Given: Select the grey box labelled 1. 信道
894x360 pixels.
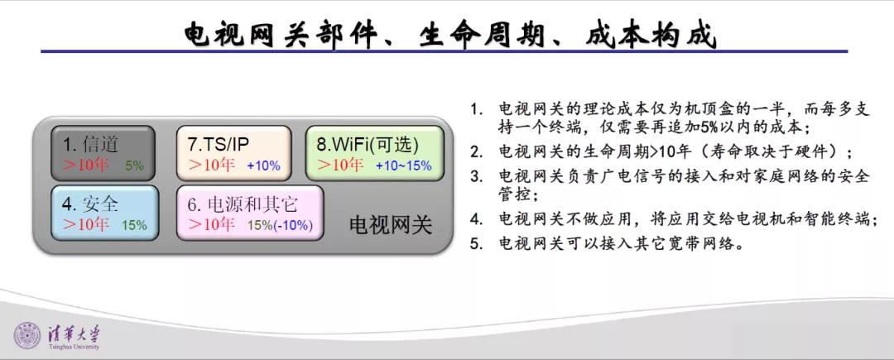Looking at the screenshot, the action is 103,153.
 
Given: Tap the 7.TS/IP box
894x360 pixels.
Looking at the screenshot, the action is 233,153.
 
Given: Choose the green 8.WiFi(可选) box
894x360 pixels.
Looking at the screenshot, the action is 375,153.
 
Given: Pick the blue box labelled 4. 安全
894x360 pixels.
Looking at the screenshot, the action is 105,213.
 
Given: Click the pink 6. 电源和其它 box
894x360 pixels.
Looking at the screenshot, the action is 250,213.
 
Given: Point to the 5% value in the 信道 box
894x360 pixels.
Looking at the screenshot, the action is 135,166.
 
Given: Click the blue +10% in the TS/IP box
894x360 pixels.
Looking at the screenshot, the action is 263,166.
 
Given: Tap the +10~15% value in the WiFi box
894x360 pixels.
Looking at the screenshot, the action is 404,166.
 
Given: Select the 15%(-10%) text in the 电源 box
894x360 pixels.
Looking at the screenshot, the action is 280,226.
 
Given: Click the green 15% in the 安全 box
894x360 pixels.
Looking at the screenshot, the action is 134,226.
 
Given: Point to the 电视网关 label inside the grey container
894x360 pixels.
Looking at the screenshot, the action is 391,226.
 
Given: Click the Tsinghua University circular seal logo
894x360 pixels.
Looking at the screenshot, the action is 27,336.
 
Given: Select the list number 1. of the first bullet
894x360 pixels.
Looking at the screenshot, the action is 475,109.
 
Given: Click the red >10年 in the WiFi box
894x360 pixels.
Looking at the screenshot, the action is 340,166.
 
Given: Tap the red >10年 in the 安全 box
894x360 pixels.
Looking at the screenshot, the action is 86,224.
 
